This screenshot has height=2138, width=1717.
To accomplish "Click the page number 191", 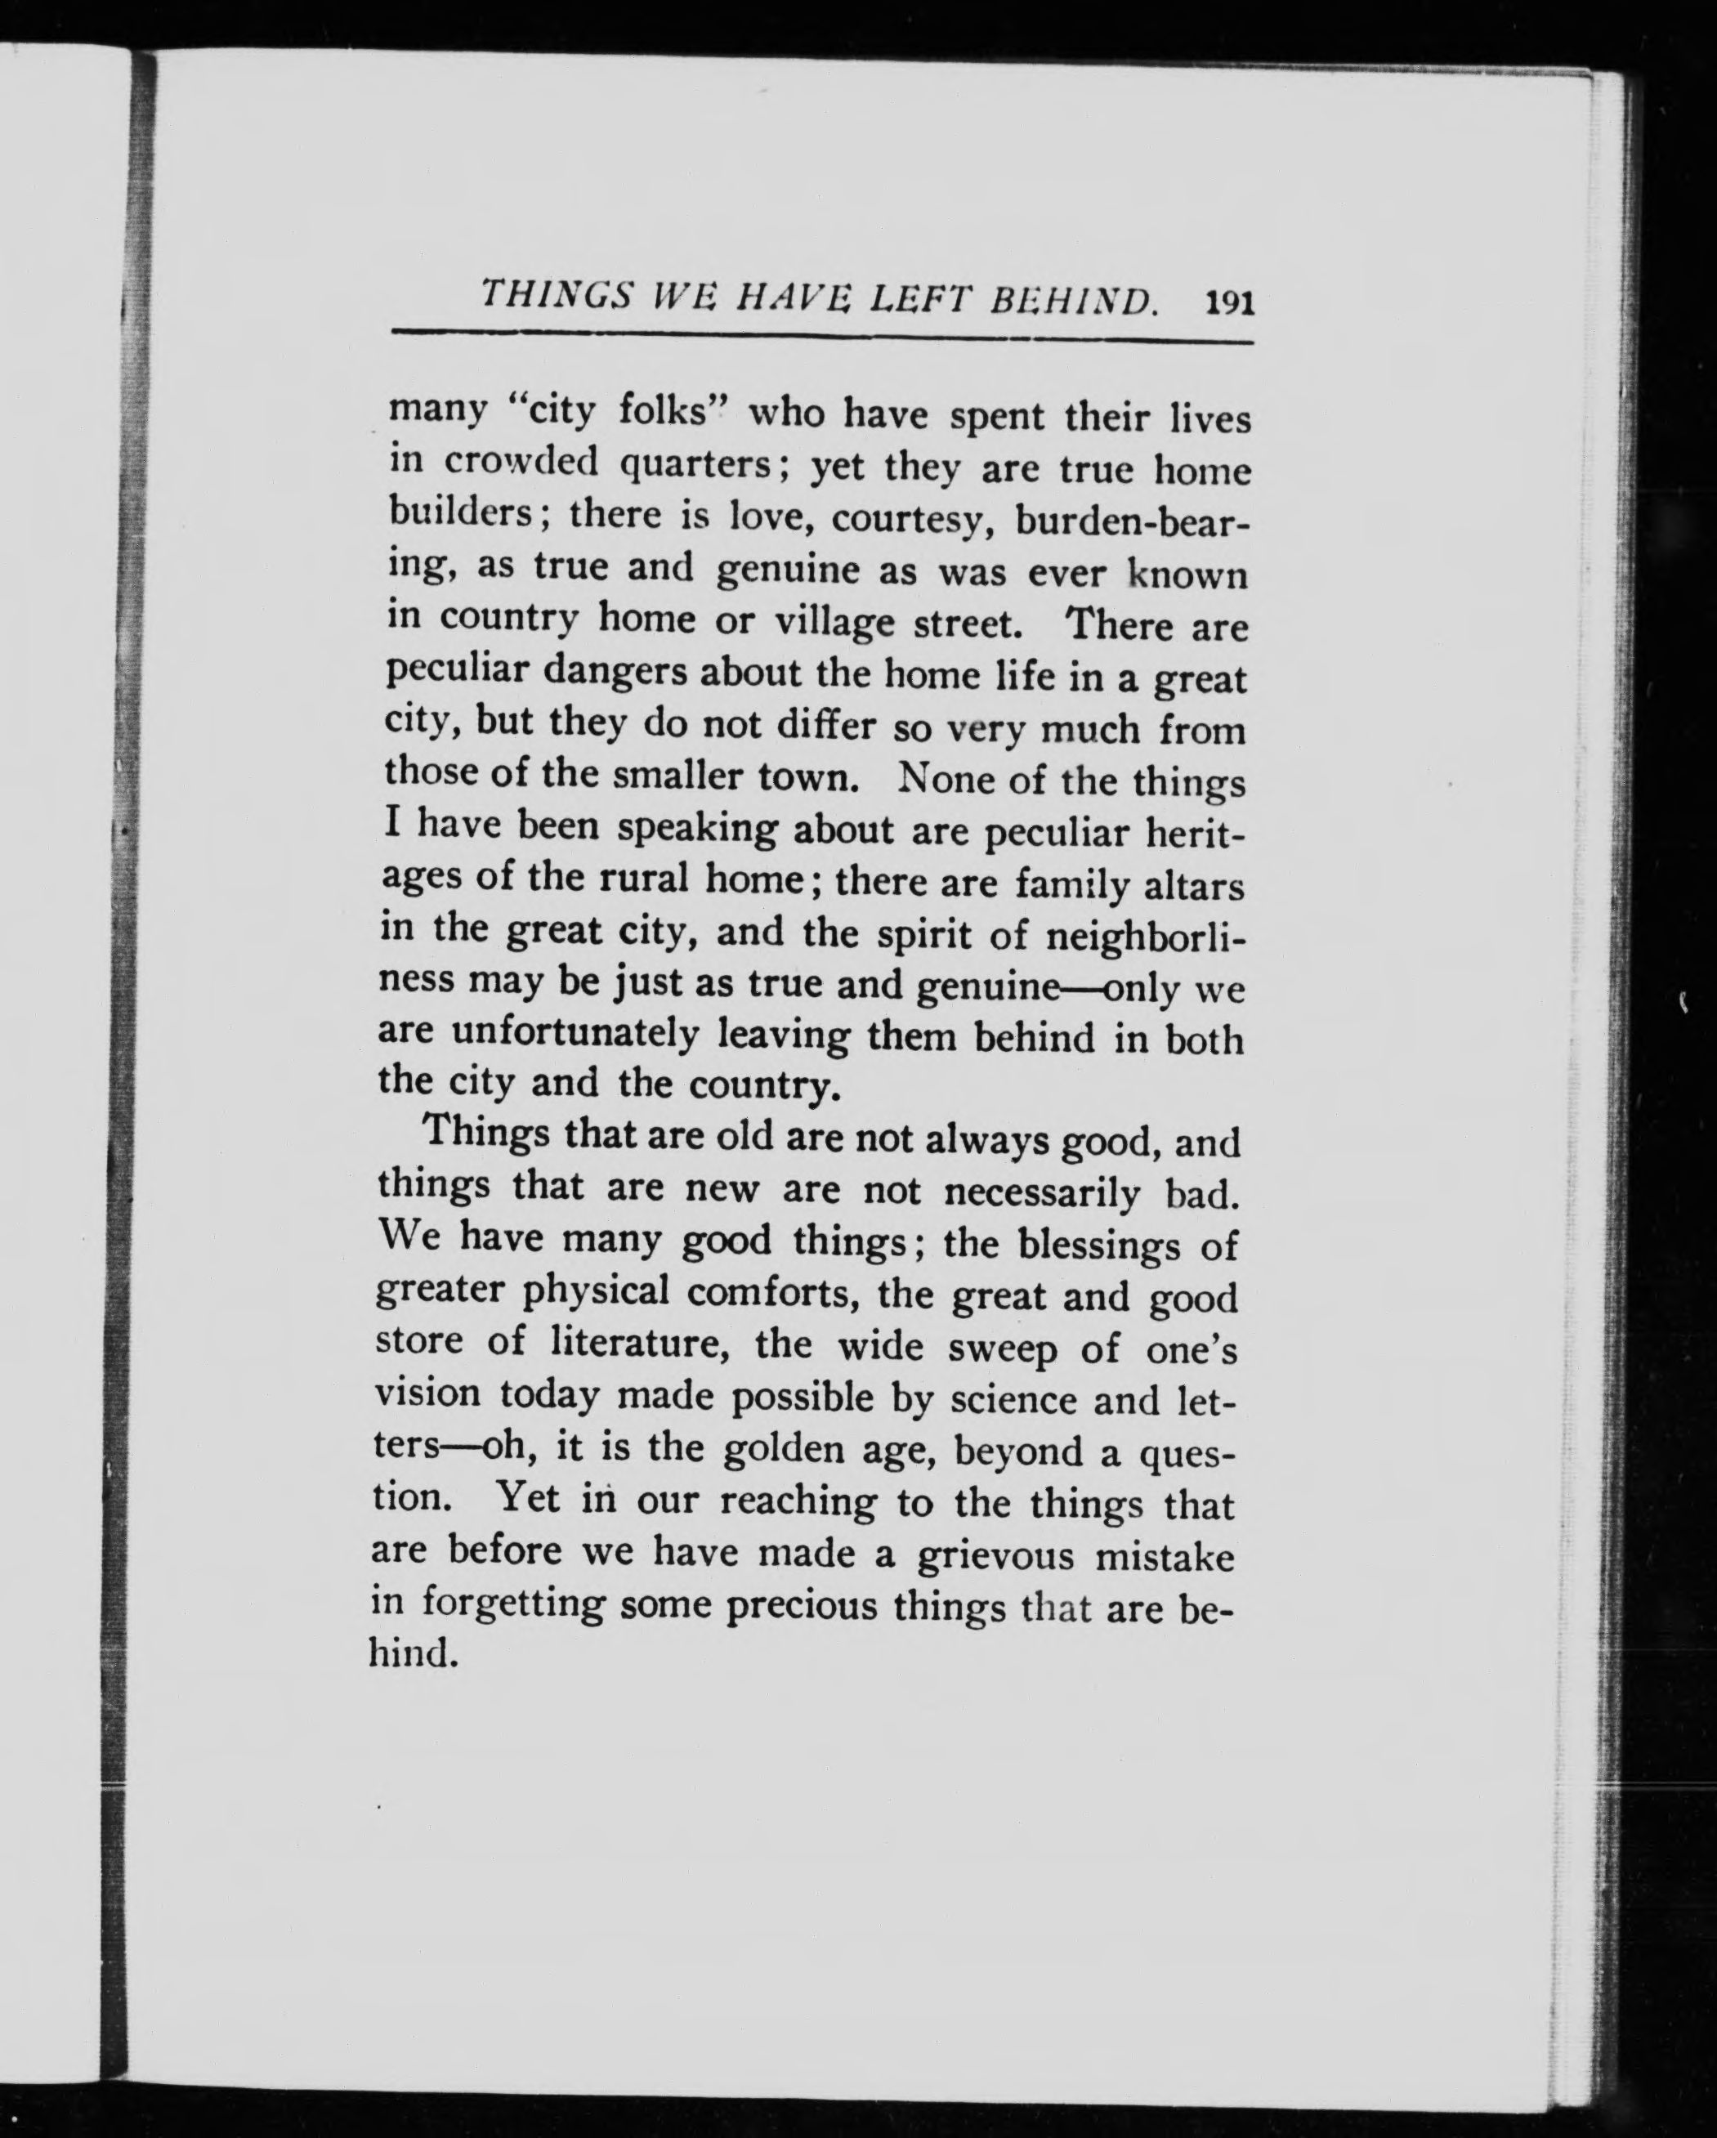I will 1230,302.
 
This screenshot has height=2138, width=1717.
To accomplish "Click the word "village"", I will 831,623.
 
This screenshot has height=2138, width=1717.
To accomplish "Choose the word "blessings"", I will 1098,1244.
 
